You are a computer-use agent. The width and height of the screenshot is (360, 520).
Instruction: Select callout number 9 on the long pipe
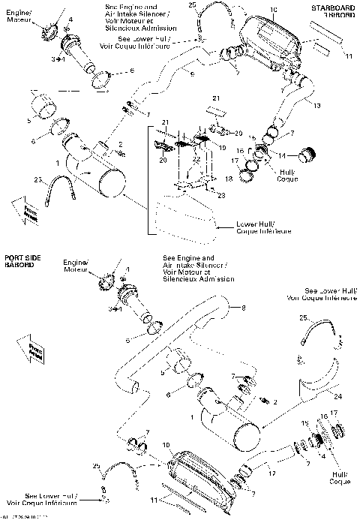(x=192, y=74)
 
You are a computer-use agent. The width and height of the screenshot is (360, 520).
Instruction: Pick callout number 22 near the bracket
(x=195, y=159)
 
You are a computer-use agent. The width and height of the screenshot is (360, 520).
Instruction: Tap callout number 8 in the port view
(x=242, y=308)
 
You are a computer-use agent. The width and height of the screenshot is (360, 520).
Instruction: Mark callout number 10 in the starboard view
(x=273, y=9)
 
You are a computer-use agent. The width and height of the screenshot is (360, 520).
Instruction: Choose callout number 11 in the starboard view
(x=348, y=55)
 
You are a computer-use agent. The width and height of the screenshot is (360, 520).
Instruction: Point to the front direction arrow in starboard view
(x=22, y=209)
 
